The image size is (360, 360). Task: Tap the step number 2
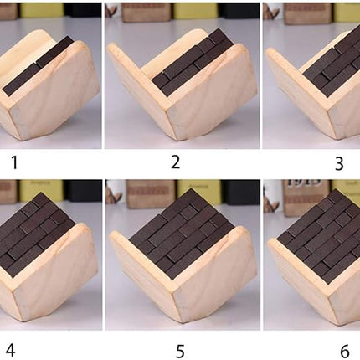point(175,162)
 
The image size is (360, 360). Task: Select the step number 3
point(338,164)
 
